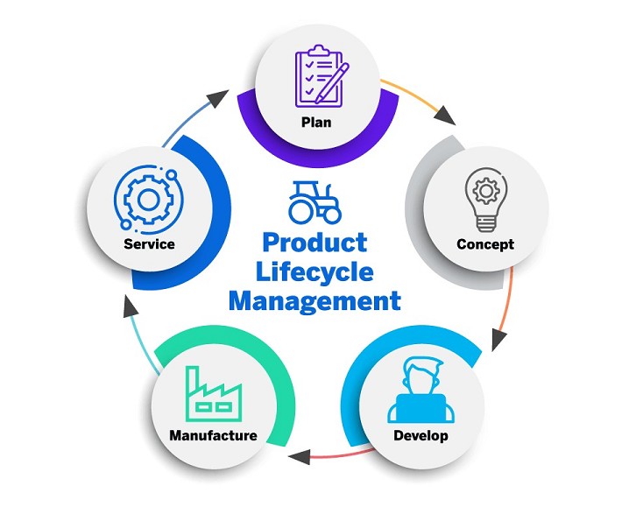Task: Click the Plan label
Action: coord(315,122)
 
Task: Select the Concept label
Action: coord(485,244)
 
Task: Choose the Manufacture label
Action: coord(213,435)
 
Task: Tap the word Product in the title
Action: coord(314,242)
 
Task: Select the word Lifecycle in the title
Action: coord(314,271)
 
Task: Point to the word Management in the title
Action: coord(314,302)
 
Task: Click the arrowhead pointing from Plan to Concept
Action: coord(447,117)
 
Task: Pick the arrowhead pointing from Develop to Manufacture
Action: coord(301,455)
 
